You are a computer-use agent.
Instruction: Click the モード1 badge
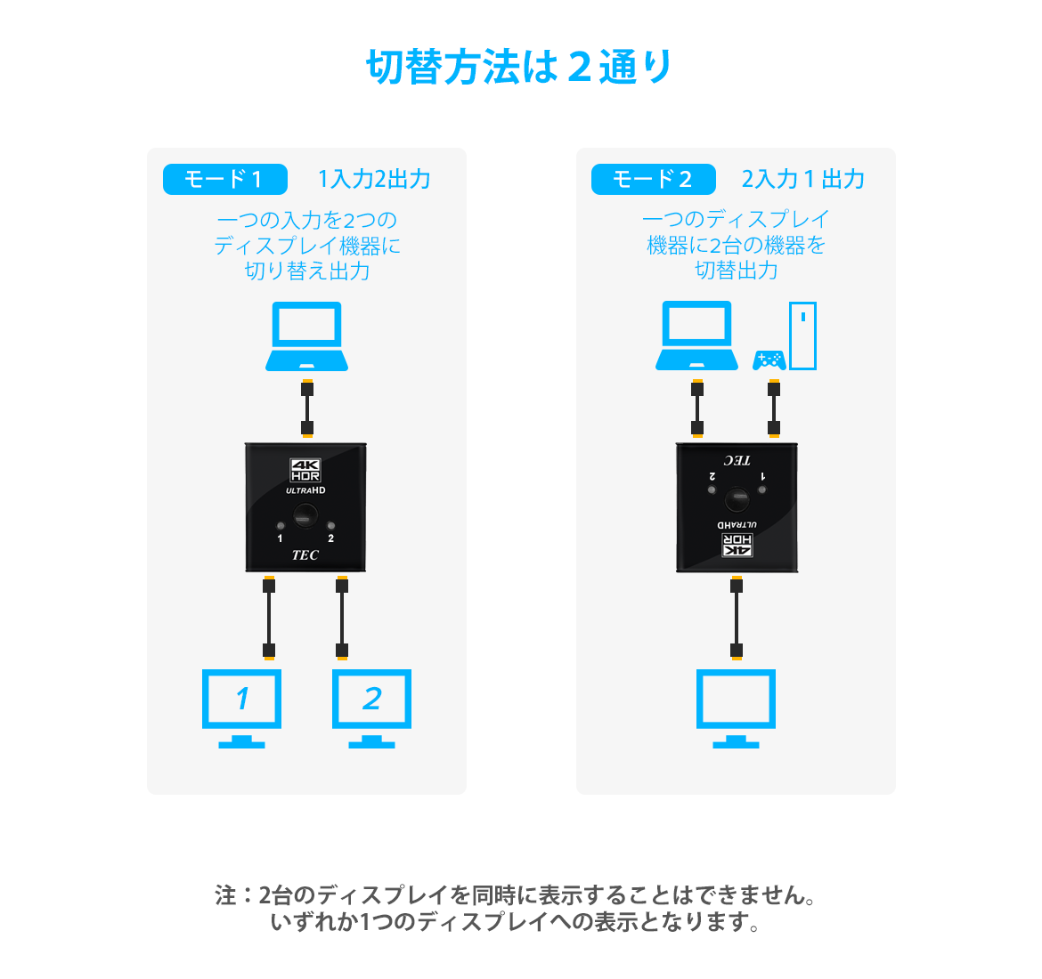[x=224, y=179]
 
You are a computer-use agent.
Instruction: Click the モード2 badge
[x=653, y=179]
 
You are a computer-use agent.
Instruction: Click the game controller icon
[x=769, y=360]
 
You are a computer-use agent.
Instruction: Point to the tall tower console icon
[x=802, y=336]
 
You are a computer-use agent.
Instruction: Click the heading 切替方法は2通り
[x=520, y=68]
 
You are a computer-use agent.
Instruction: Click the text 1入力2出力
[x=374, y=179]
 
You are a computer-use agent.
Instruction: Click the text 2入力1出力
[x=803, y=179]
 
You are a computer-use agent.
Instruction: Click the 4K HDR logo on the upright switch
[x=305, y=470]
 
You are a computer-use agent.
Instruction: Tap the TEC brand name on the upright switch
[x=305, y=555]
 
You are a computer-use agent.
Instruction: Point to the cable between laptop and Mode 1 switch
[x=307, y=409]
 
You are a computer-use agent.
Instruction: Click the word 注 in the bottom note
[x=225, y=895]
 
